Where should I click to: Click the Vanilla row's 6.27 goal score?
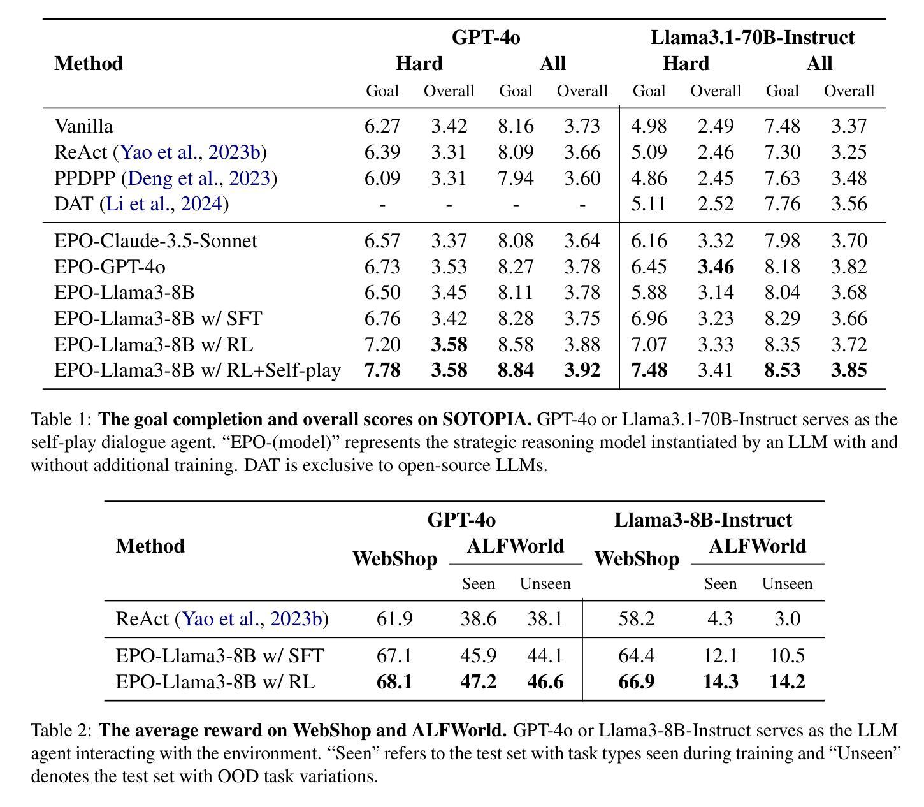click(382, 126)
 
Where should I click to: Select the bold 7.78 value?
click(382, 370)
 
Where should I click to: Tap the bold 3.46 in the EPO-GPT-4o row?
click(716, 267)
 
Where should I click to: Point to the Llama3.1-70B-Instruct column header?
click(753, 37)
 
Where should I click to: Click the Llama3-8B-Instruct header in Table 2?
click(703, 520)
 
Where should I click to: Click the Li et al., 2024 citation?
click(164, 204)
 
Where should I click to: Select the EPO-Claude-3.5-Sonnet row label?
click(156, 241)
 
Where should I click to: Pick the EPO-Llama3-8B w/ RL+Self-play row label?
click(198, 370)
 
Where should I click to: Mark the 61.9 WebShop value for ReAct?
click(394, 619)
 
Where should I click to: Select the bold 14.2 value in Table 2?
click(787, 682)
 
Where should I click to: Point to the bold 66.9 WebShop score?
click(637, 682)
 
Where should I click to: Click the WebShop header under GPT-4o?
click(394, 559)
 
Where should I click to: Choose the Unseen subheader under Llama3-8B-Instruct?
click(787, 583)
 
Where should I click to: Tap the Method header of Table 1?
click(89, 63)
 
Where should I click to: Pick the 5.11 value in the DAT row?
click(649, 204)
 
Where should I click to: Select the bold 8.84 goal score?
click(516, 370)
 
